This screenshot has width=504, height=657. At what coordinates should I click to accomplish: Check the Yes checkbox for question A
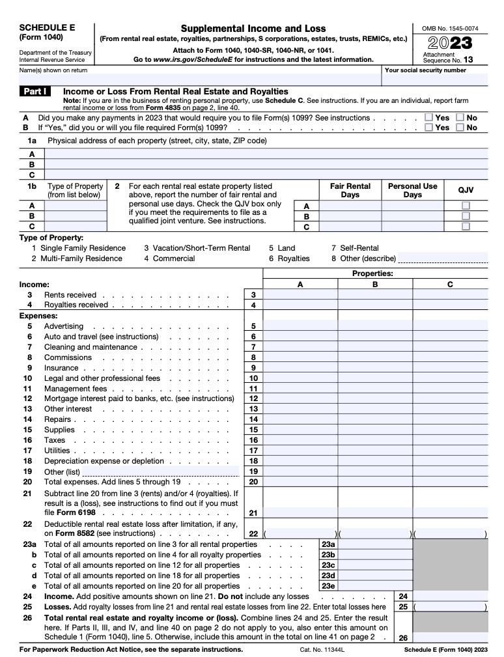[x=428, y=118]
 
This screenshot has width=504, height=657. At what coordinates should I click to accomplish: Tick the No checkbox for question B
[x=460, y=128]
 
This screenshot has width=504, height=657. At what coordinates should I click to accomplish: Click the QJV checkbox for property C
[x=466, y=227]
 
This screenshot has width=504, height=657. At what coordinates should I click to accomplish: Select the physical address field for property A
[x=266, y=154]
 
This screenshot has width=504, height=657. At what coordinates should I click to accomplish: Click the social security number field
[x=435, y=80]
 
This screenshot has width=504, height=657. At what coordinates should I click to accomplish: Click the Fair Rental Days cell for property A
[x=350, y=206]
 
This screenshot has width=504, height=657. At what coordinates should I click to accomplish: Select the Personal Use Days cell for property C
[x=412, y=227]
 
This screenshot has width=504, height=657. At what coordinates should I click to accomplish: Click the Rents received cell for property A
[x=300, y=295]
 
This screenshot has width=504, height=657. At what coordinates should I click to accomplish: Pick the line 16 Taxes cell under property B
[x=375, y=440]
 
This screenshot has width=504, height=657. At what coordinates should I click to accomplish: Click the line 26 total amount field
[x=450, y=638]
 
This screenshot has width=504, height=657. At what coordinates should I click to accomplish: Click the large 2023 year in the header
[x=451, y=43]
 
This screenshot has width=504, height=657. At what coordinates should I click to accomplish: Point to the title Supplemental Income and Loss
[x=253, y=29]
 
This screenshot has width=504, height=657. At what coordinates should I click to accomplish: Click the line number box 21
[x=253, y=513]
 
